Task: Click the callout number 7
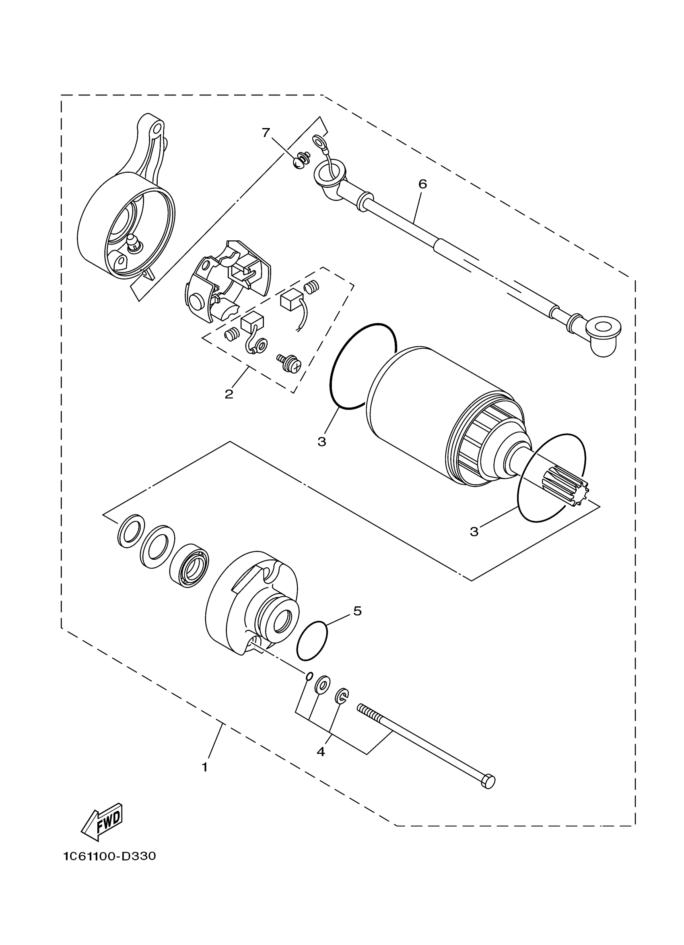[266, 132]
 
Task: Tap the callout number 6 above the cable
[422, 184]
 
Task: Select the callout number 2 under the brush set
[229, 394]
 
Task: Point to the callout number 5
[357, 611]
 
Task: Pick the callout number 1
[204, 767]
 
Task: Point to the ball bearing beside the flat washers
[190, 565]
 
